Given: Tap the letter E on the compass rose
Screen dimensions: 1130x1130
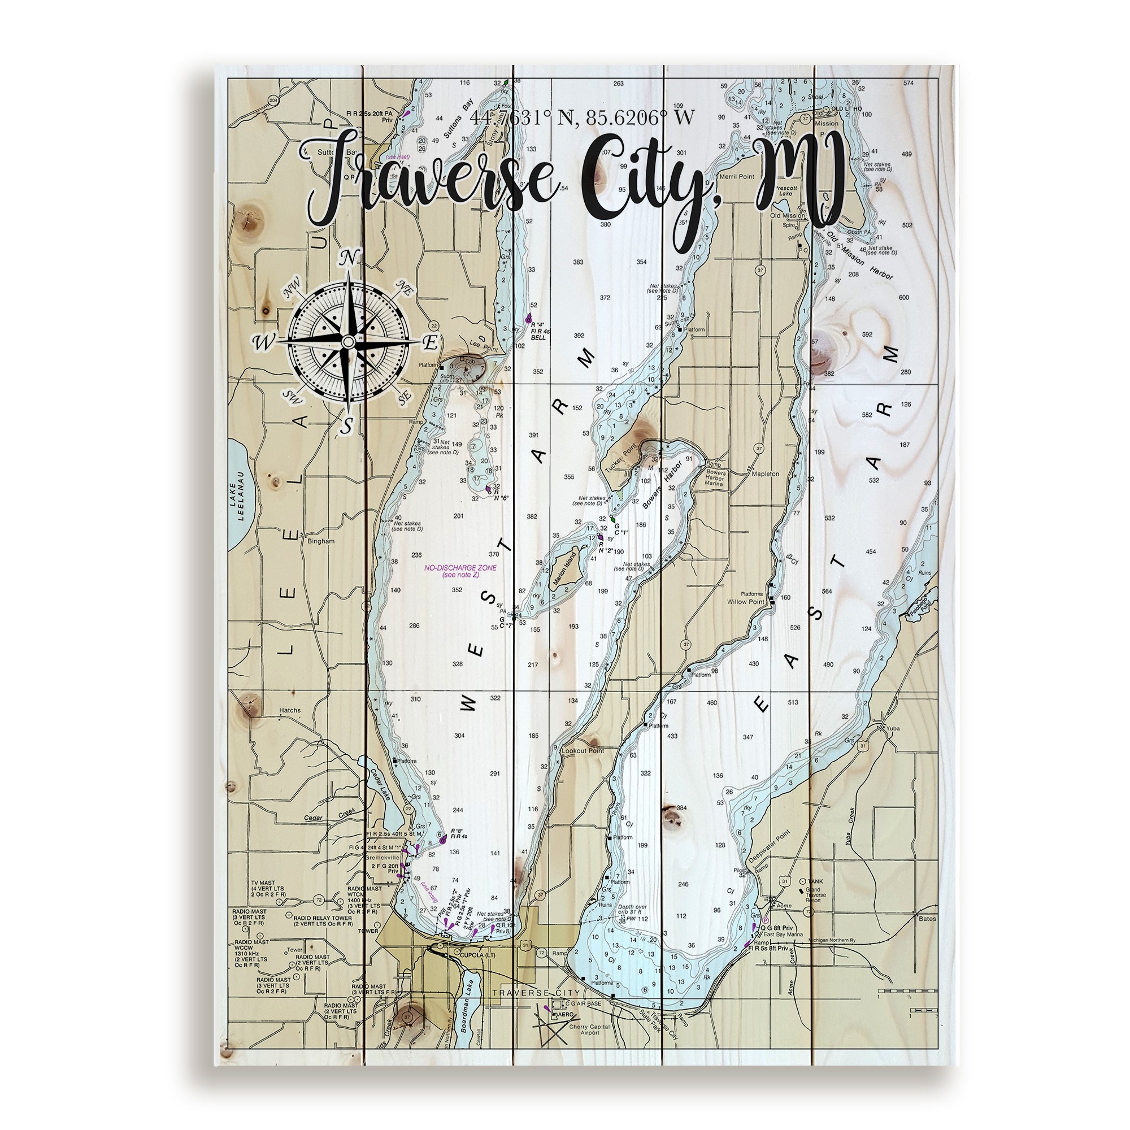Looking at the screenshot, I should [430, 344].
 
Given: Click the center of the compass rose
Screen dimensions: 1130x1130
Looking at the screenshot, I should [348, 342].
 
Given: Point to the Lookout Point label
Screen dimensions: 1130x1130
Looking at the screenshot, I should [583, 750].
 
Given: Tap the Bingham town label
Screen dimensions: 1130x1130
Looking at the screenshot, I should [320, 541].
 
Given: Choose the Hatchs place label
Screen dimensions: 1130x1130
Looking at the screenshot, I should [289, 710].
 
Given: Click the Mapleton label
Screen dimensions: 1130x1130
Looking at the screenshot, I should [765, 474].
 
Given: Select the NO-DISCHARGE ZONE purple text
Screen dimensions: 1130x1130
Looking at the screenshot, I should [460, 567].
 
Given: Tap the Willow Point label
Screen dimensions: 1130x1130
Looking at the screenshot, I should [746, 601].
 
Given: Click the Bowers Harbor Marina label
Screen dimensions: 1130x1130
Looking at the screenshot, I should [714, 478].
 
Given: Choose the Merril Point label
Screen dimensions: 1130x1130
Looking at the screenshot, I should [736, 176].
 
